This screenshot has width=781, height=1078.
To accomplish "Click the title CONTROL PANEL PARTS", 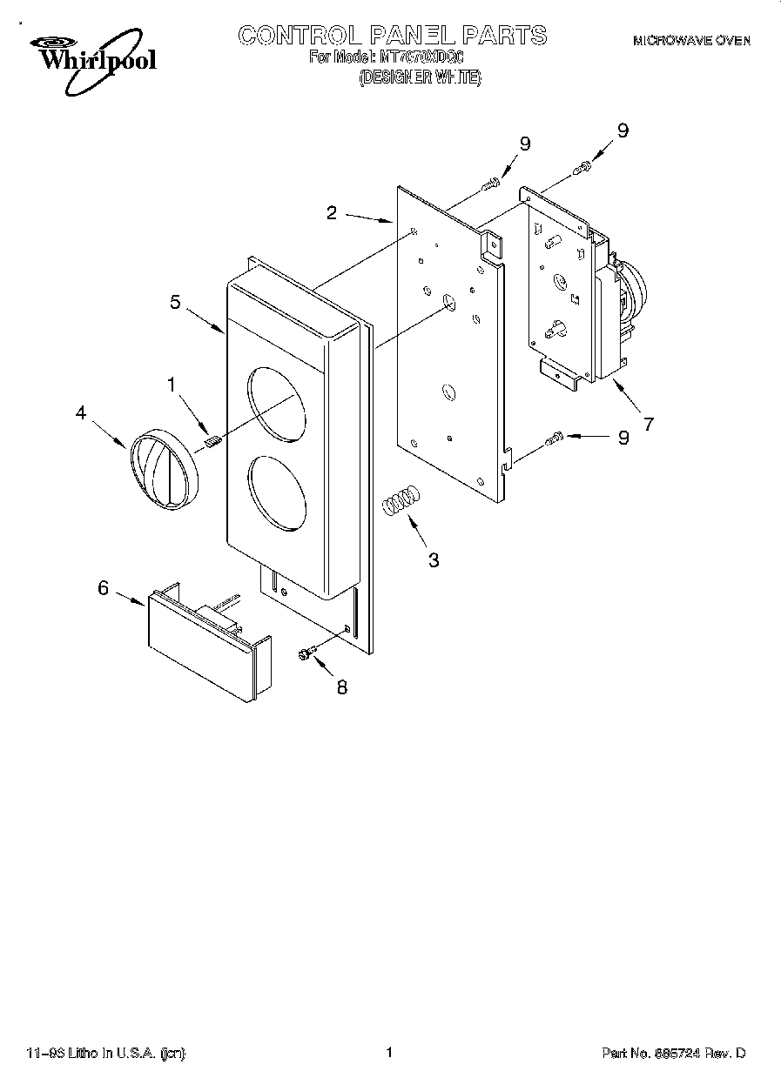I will [393, 36].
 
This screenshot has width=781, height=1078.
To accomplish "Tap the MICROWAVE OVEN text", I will [690, 41].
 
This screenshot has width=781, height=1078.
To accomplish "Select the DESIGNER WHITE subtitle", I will [420, 77].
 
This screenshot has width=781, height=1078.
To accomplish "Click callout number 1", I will [172, 383].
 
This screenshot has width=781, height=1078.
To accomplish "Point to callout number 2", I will [332, 212].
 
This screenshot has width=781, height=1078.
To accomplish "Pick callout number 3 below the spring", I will [434, 560].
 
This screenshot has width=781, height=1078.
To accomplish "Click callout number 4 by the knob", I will [81, 414].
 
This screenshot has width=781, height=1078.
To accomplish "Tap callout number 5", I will [175, 302].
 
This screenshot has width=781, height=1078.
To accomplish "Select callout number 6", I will [103, 588].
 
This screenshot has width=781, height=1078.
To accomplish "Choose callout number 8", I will [341, 686].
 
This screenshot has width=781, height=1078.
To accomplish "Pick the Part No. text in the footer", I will [674, 1054].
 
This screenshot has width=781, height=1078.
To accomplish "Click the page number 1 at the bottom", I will [389, 1053].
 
